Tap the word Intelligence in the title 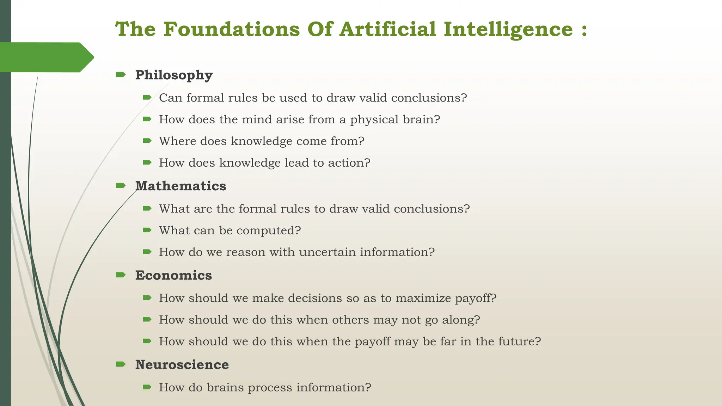(508, 30)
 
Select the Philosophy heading (174, 75)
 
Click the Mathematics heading (180, 186)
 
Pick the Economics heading (173, 275)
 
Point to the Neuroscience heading (182, 365)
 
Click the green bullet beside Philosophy (121, 74)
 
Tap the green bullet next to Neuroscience (121, 364)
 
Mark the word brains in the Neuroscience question (225, 388)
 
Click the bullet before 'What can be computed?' (147, 230)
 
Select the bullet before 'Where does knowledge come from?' (147, 141)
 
